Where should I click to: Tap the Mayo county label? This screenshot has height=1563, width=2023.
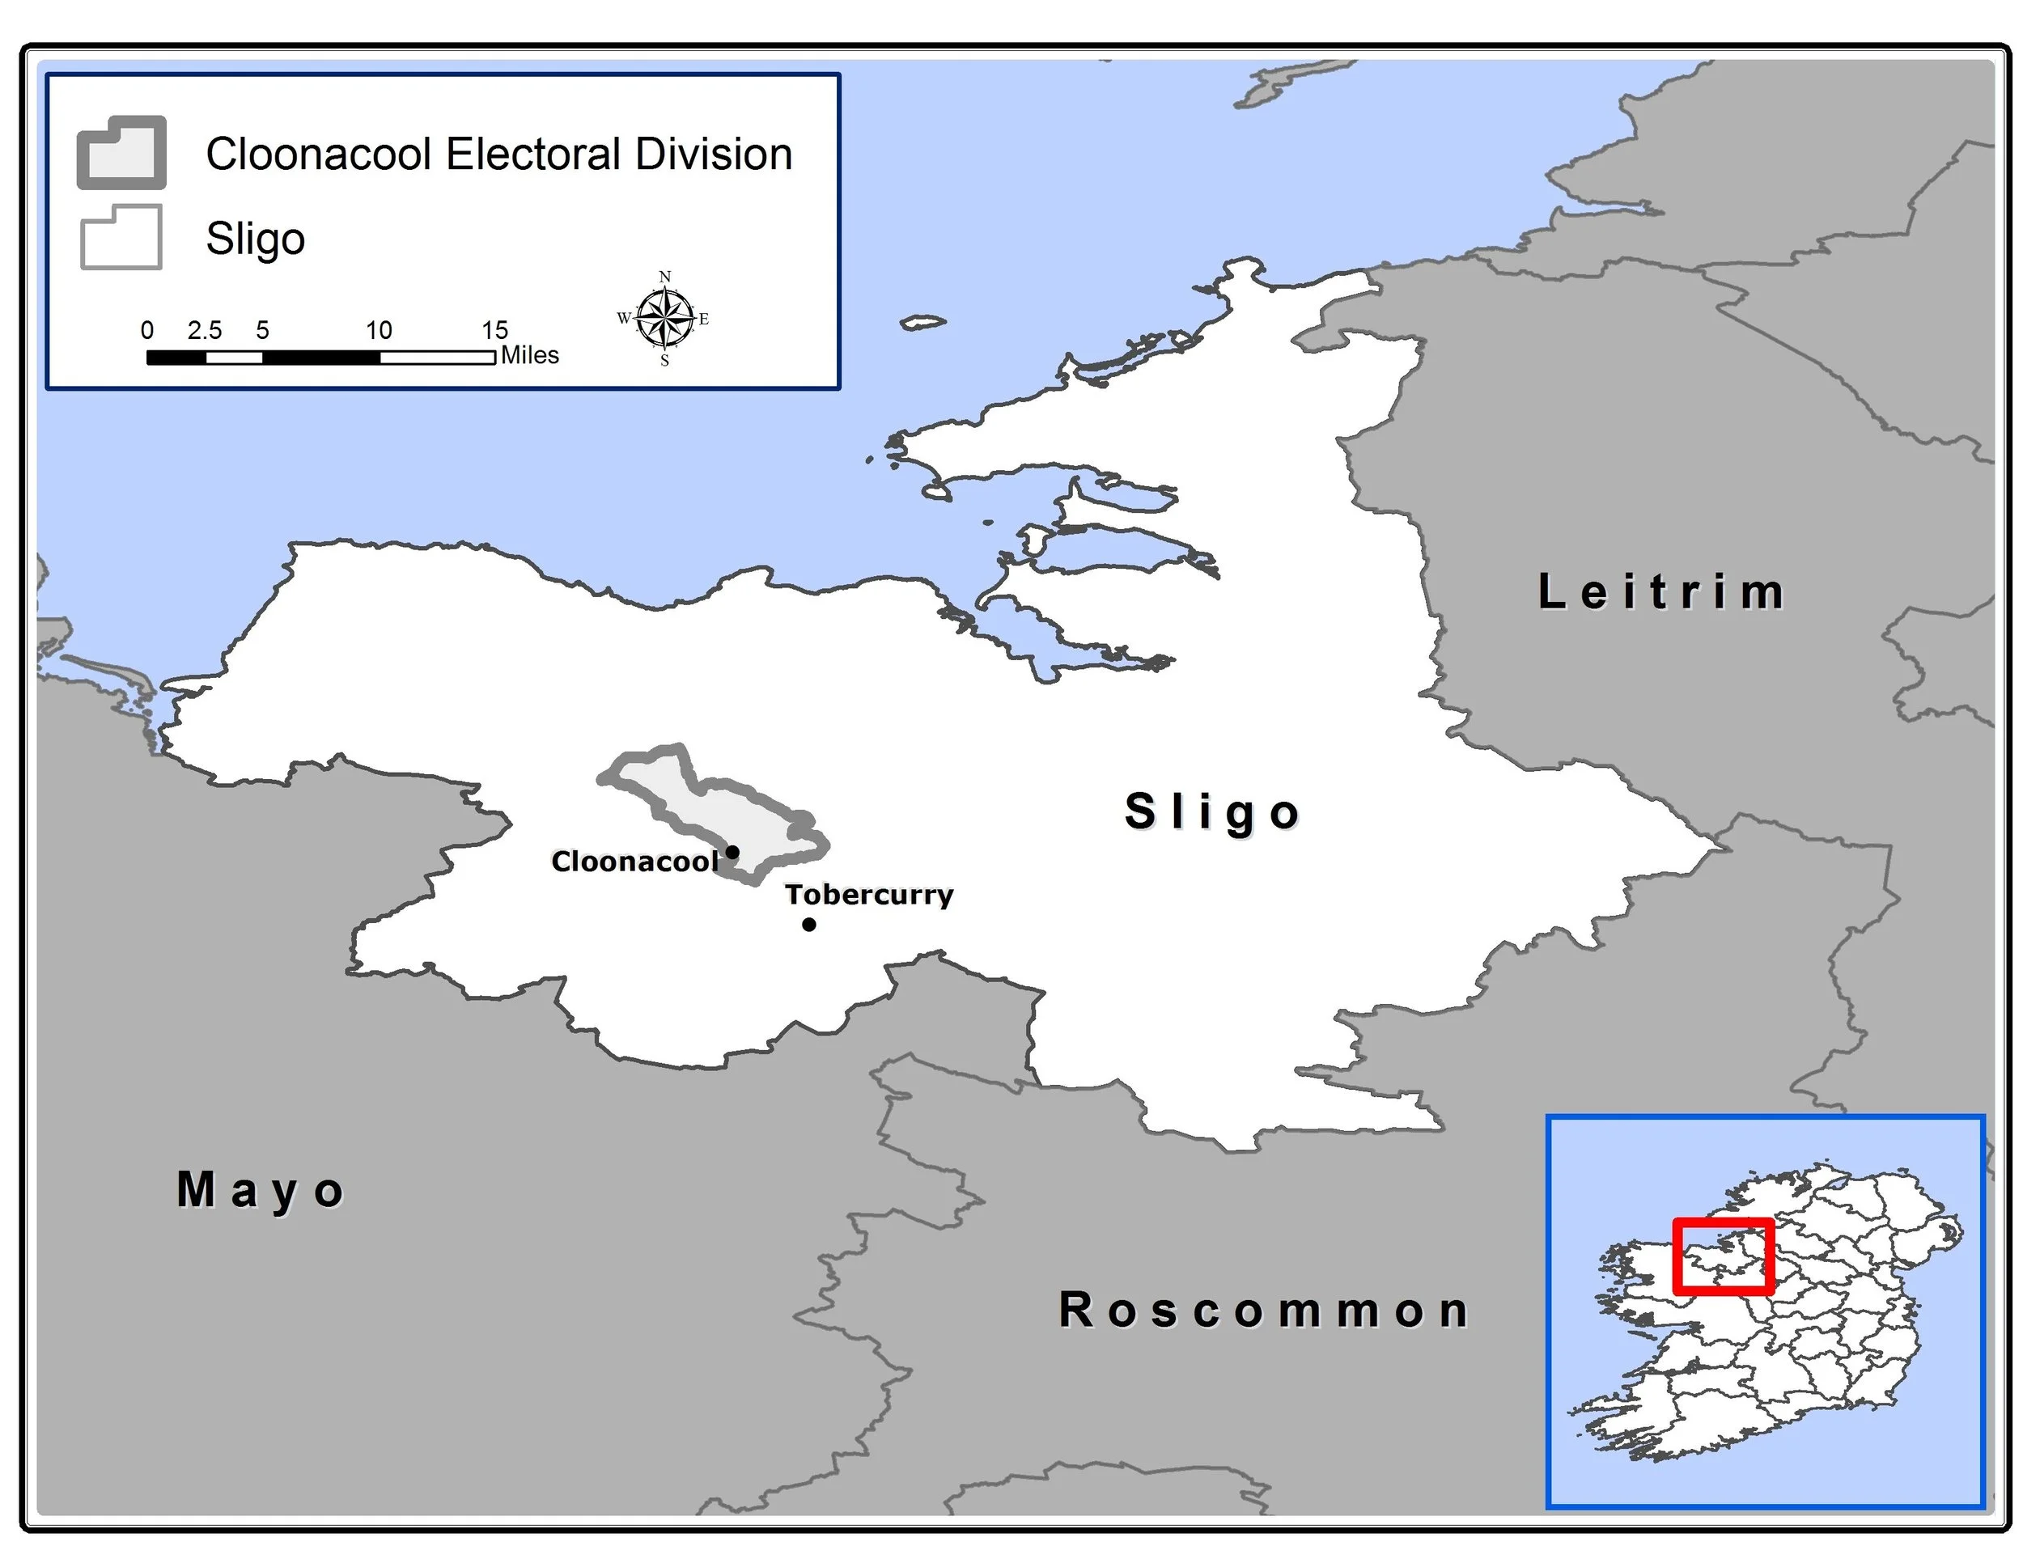tap(261, 1191)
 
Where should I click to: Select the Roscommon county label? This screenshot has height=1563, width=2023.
tap(1264, 1311)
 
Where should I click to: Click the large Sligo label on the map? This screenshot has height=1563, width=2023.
tap(1212, 812)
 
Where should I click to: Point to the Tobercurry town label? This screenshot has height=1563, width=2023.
tap(869, 895)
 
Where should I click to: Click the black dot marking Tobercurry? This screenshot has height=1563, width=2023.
tap(808, 924)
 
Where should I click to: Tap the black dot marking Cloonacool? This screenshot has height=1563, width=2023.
tap(732, 852)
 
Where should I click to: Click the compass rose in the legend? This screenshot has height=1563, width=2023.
tap(665, 319)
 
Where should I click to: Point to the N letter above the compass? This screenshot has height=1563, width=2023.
tap(665, 277)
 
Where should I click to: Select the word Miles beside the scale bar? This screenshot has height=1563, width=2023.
tap(530, 356)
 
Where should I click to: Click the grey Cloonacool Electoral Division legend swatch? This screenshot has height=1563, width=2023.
tap(121, 153)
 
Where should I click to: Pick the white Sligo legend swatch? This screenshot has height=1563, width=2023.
tap(121, 238)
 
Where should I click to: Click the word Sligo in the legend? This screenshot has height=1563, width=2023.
tap(256, 239)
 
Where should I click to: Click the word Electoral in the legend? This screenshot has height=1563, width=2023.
tap(534, 154)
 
